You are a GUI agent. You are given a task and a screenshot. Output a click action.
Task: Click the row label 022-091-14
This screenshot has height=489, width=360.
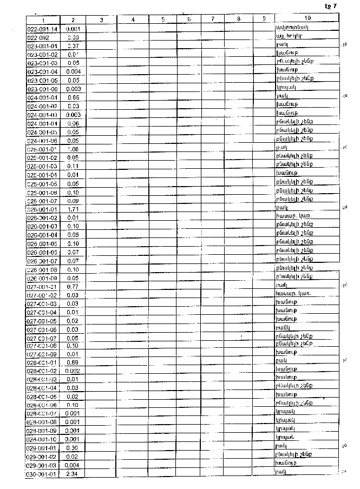(x=42, y=28)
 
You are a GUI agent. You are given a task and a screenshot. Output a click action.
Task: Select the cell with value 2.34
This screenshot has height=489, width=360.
(x=73, y=474)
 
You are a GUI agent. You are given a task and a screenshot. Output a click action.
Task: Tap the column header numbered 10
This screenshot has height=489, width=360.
(x=307, y=19)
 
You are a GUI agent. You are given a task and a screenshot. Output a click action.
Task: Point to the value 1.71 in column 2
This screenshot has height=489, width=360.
(x=73, y=209)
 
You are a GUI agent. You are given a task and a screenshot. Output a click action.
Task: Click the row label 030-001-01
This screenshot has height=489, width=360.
(x=42, y=474)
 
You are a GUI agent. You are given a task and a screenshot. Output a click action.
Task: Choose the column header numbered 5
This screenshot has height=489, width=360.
(x=163, y=19)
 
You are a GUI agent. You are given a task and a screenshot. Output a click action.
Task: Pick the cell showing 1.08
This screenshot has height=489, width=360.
(x=73, y=148)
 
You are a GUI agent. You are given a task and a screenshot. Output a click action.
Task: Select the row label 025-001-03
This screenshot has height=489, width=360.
(x=42, y=166)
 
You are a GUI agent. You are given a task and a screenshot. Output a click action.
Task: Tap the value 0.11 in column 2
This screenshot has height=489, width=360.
(x=73, y=166)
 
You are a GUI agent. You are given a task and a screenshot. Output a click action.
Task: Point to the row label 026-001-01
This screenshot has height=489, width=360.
(x=42, y=209)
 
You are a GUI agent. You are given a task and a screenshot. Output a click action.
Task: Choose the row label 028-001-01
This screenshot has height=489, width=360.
(x=42, y=362)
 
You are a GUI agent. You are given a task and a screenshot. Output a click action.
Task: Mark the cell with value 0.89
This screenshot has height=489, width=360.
(x=73, y=362)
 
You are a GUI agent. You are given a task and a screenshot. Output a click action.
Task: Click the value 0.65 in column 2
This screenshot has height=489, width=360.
(x=73, y=97)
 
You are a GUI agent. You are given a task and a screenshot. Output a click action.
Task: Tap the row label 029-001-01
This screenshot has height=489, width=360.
(x=42, y=448)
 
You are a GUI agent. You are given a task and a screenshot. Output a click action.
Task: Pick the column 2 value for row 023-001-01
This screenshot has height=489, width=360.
(x=73, y=46)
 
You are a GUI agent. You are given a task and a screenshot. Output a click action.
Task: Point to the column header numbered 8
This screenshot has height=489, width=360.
(x=238, y=19)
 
